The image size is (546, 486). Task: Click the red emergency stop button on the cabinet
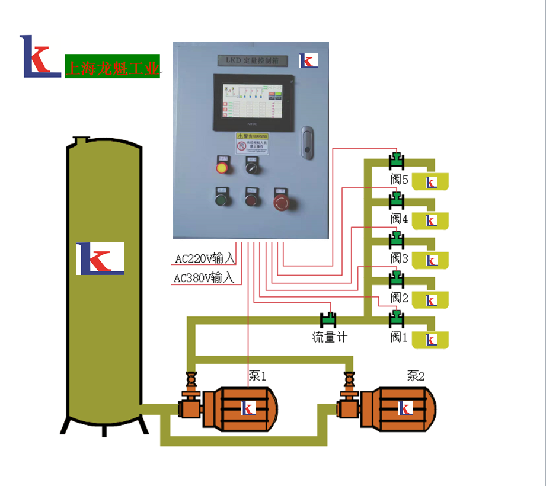(282, 200)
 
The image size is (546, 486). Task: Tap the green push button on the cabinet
(222, 198)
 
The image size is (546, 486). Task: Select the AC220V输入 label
(205, 258)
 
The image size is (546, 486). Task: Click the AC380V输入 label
(204, 277)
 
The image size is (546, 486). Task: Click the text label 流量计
(330, 338)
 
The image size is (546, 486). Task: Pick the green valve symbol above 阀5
(395, 159)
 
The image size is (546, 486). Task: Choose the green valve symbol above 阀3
(395, 239)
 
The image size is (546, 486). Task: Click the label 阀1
(400, 337)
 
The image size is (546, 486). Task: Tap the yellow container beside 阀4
(430, 220)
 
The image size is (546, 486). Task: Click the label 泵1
(258, 375)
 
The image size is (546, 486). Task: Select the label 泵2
(416, 375)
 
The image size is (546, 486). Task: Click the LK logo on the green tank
(100, 258)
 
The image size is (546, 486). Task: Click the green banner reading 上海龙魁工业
(112, 66)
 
